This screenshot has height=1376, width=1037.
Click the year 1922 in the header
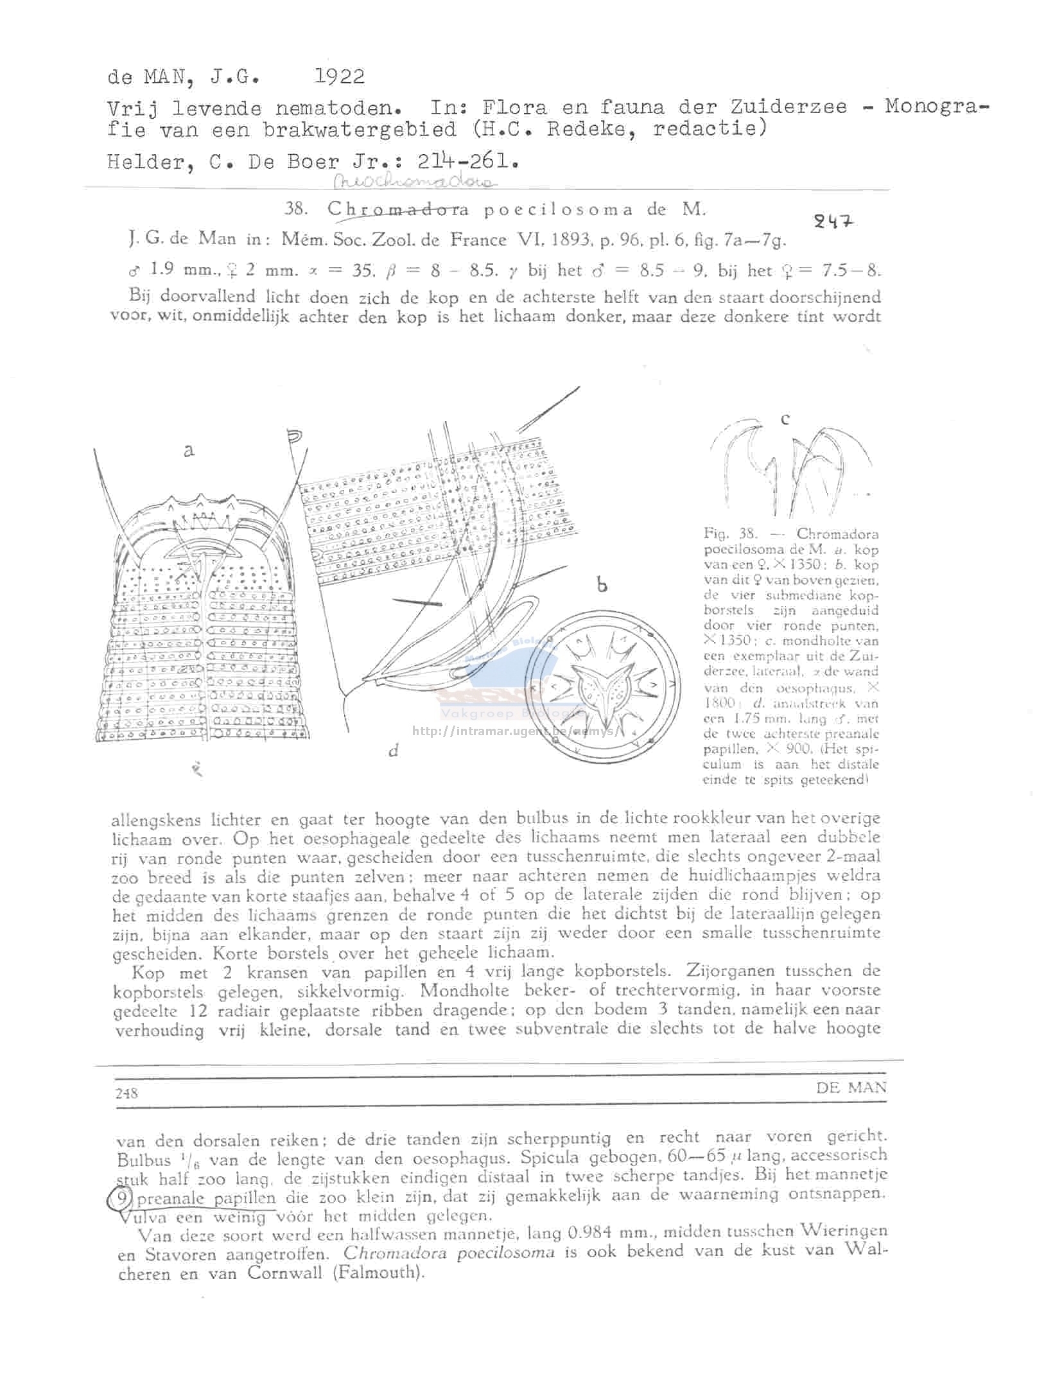point(339,77)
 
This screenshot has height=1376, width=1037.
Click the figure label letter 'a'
point(188,451)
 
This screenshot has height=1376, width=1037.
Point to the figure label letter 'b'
point(602,584)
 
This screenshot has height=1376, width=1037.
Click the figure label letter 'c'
point(785,419)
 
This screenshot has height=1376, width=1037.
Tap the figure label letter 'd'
point(394,750)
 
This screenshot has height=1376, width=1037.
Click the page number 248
point(126,1093)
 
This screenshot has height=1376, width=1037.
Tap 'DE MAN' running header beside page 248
point(851,1088)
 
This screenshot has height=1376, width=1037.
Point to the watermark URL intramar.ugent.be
point(514,731)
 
